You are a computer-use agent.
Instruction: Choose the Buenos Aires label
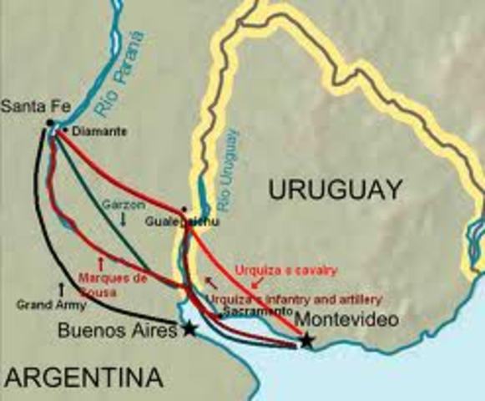pos(118,331)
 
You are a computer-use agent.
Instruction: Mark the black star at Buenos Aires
pos(190,329)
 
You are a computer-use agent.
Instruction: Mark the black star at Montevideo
pos(307,340)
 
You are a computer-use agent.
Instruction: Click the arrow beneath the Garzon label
pos(123,219)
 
